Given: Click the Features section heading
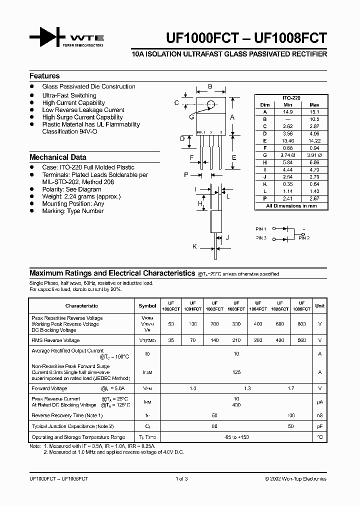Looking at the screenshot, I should (x=44, y=76).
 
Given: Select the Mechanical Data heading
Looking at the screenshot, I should (x=58, y=157).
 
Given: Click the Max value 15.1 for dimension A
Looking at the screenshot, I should (x=314, y=112).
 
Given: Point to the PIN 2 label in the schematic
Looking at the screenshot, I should (x=304, y=238).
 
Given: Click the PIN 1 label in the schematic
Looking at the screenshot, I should (x=261, y=229).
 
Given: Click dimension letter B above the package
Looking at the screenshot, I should (x=210, y=86).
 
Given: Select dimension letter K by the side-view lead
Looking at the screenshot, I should (x=194, y=246).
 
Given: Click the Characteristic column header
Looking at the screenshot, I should (x=81, y=305).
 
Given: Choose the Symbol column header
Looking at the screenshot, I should (x=147, y=305).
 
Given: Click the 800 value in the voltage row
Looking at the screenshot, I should (x=301, y=324).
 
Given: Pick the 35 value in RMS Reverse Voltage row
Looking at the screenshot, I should (x=171, y=340).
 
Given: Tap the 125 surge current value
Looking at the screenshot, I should (x=236, y=372).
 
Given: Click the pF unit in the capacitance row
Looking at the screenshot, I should (x=319, y=426).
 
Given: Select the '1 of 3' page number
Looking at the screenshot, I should (x=181, y=478).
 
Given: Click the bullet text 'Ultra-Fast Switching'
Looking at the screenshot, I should (x=69, y=95).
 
